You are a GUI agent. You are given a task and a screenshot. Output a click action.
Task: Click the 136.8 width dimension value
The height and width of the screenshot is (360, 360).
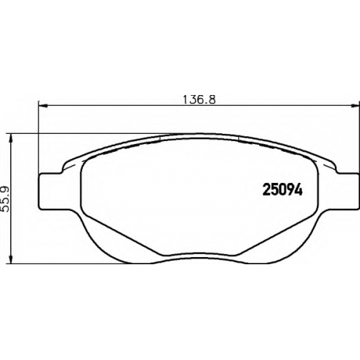[199, 99]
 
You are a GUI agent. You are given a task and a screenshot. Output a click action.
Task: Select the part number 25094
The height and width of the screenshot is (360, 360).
[282, 191]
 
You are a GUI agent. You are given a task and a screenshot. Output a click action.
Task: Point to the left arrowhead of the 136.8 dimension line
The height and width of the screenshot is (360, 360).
[42, 105]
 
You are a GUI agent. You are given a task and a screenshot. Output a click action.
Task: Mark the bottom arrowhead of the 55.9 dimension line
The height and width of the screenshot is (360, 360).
[10, 260]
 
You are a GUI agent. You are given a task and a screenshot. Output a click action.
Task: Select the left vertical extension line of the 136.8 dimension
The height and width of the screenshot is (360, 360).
[38, 137]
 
